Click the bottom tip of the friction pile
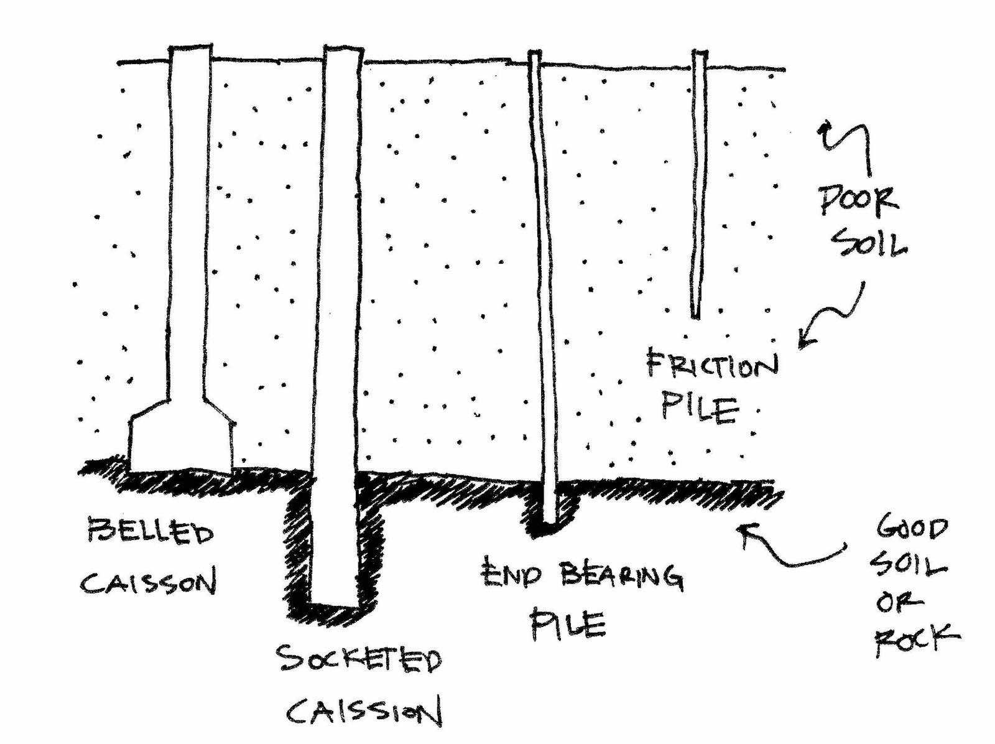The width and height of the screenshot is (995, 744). (696, 318)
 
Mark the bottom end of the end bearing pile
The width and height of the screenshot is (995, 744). (551, 523)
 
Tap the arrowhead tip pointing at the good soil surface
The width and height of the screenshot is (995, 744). (738, 528)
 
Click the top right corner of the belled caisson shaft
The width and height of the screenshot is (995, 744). (211, 45)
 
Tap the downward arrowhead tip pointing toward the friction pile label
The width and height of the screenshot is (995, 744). (800, 348)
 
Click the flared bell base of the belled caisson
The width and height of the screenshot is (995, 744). (182, 435)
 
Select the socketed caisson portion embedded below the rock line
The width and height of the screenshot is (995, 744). (334, 539)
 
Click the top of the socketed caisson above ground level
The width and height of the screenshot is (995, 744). (343, 54)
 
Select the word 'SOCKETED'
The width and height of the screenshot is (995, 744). (359, 659)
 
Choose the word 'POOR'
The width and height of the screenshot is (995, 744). (858, 201)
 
